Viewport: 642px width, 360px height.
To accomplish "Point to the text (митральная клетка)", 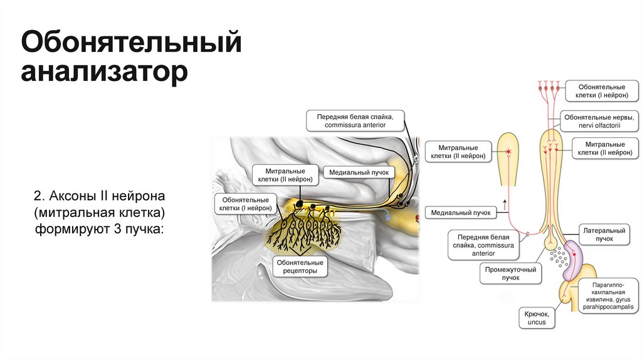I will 100,210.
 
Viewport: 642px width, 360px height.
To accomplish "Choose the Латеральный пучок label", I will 604,235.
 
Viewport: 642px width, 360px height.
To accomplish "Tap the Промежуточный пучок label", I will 510,274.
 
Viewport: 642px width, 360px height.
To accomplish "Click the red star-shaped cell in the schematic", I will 510,152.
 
